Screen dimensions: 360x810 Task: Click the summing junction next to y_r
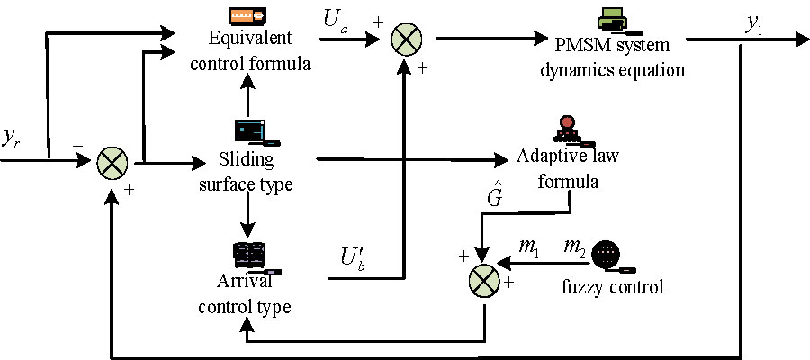pos(112,164)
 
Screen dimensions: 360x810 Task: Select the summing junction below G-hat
pos(483,282)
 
